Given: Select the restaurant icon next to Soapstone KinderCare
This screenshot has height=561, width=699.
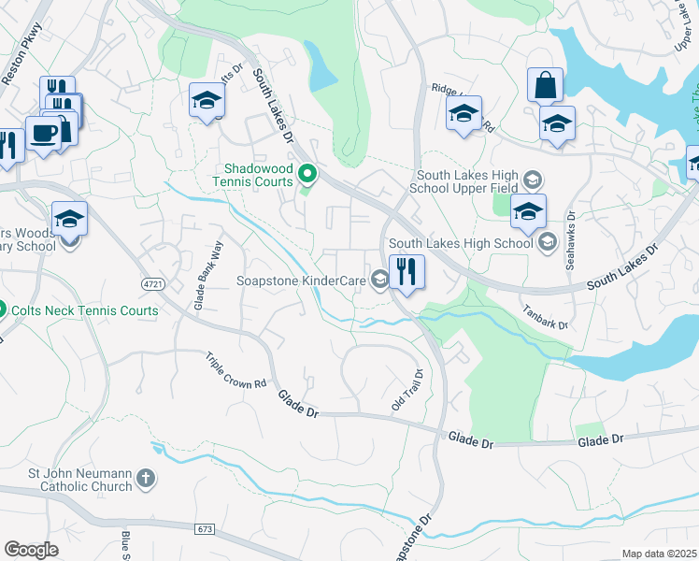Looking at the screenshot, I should [x=407, y=272].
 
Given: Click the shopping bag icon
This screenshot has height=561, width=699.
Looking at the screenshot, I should [x=545, y=86].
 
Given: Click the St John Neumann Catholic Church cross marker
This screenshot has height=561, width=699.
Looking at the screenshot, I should [x=145, y=480].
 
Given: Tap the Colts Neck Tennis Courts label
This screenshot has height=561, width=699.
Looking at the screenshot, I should [x=85, y=310].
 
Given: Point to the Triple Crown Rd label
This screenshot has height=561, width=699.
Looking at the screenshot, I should [x=236, y=370].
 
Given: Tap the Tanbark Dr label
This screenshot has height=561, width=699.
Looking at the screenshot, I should [x=545, y=317].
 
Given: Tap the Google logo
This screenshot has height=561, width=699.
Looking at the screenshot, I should [x=32, y=550].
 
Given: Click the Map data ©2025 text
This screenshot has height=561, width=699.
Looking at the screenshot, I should [x=658, y=554].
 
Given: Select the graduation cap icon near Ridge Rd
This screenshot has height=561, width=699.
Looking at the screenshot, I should [x=464, y=114].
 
